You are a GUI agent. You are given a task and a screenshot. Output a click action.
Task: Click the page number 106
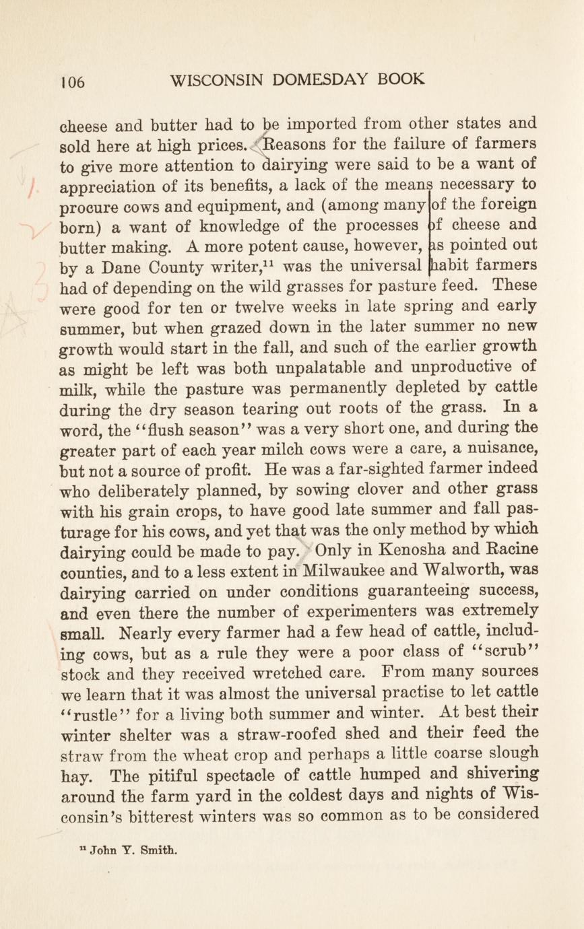(73, 82)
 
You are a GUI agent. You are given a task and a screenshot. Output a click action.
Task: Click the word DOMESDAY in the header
(315, 80)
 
